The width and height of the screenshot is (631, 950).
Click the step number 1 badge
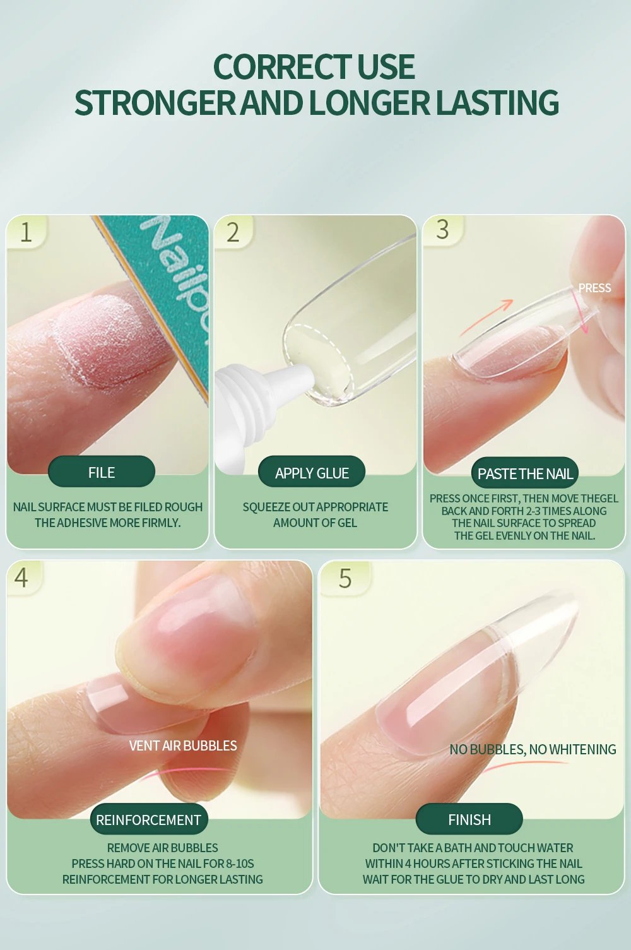(26, 232)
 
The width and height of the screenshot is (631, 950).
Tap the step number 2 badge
(233, 232)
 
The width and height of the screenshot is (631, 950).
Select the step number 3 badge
(442, 229)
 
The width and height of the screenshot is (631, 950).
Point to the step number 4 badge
(21, 577)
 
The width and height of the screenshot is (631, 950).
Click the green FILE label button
(102, 472)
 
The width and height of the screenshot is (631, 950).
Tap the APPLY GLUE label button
(312, 473)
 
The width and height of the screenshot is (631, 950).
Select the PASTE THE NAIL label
(524, 473)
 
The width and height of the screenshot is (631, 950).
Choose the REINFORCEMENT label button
(148, 819)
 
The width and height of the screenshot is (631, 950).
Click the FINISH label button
(469, 819)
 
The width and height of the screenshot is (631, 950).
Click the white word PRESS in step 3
(594, 288)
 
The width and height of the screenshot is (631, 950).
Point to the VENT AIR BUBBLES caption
(183, 745)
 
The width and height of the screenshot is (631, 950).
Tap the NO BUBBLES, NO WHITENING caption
(533, 749)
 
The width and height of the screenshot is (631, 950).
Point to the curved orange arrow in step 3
(486, 316)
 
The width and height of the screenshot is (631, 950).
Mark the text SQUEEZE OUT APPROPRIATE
(315, 507)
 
